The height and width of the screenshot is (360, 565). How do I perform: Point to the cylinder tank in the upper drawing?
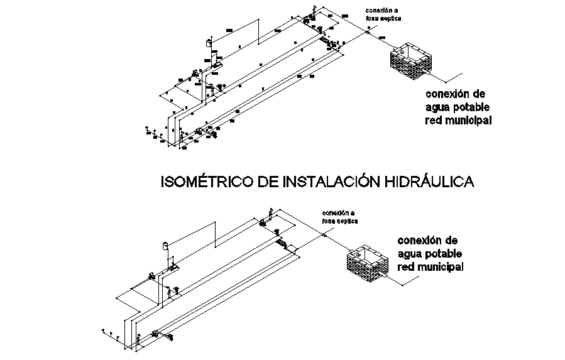[209, 43]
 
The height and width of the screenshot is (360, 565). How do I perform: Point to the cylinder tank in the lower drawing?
[166, 246]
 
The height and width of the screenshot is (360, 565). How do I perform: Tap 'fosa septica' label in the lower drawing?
[339, 222]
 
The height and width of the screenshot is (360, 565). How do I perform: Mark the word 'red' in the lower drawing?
[406, 267]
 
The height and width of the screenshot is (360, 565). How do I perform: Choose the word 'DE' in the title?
[270, 182]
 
